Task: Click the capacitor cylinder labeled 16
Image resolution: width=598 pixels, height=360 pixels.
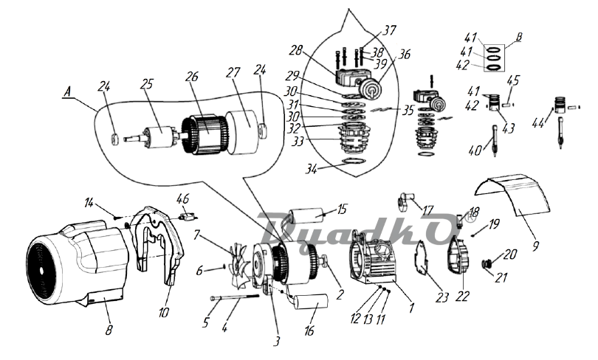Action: click(x=311, y=304)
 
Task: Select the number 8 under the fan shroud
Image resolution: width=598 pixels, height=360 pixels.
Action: click(x=109, y=330)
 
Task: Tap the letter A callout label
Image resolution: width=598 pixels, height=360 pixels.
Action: click(x=68, y=92)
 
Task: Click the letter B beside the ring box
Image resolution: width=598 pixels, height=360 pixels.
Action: click(x=518, y=38)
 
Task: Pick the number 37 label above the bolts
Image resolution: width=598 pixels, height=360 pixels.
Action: click(x=388, y=30)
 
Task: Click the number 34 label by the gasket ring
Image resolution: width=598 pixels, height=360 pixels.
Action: click(x=312, y=167)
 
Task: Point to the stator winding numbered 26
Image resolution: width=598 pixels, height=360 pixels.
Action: click(x=205, y=135)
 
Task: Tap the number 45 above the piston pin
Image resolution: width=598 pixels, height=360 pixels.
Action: click(x=513, y=81)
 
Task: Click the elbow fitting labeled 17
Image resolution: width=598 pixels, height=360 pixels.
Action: click(x=404, y=201)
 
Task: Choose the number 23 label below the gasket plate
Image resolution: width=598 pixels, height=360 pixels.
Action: click(x=442, y=297)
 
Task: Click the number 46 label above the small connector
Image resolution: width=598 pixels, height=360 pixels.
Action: click(x=182, y=198)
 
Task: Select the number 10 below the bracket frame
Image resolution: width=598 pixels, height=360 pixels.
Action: click(x=164, y=312)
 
